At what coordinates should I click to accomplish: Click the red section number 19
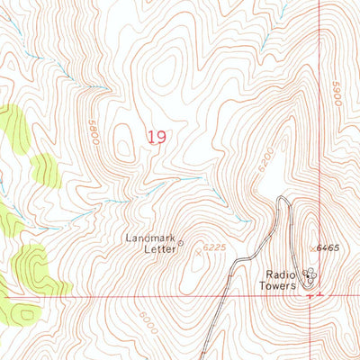click(157, 137)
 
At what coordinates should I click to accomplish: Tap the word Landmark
click(148, 238)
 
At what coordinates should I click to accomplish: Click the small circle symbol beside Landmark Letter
click(180, 242)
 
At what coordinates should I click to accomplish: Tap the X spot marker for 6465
click(311, 247)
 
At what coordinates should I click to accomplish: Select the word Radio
click(280, 274)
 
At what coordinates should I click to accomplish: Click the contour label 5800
click(92, 128)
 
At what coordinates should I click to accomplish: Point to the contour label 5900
click(337, 94)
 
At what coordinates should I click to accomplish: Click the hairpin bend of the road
click(283, 199)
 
